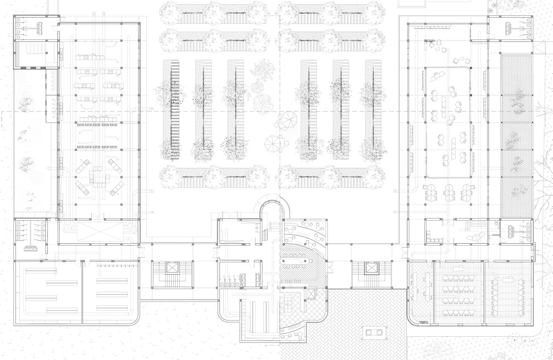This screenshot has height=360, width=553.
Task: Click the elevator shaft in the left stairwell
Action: (x=172, y=268)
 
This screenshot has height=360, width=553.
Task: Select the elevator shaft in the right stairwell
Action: (x=371, y=268)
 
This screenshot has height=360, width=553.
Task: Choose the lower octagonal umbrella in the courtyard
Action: (x=272, y=143)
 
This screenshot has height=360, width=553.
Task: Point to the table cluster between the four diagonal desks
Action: (x=98, y=177)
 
